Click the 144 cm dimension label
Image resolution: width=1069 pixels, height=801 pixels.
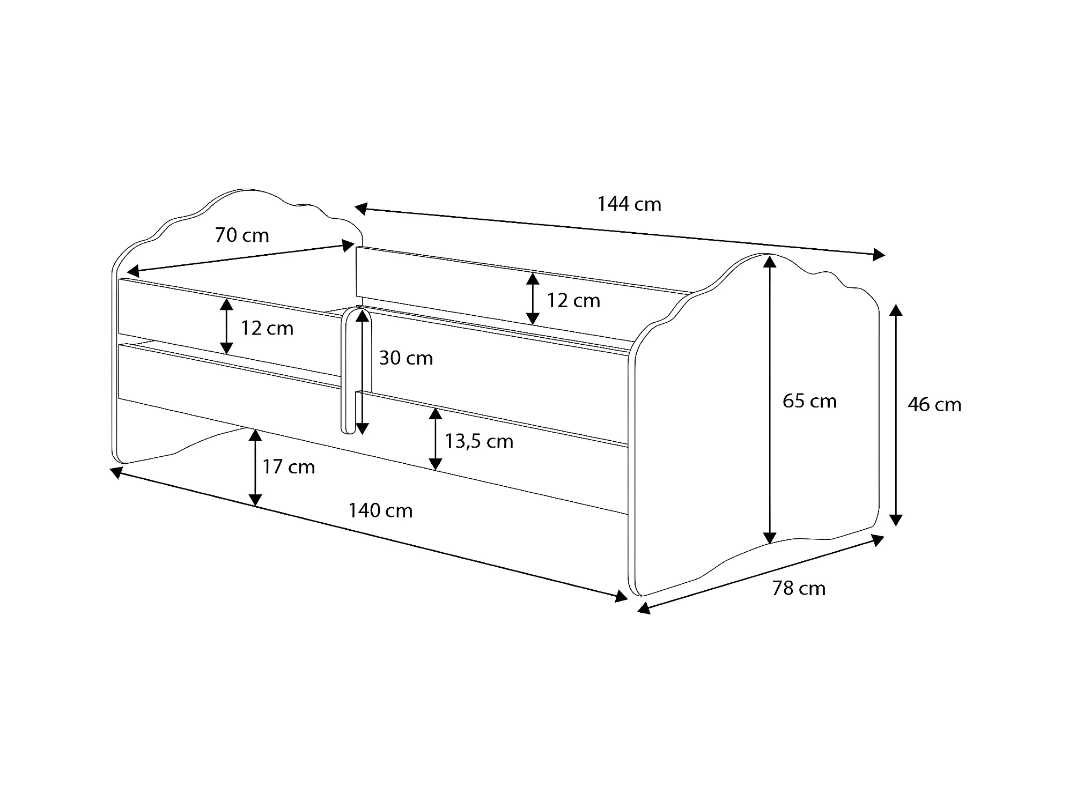point(629,204)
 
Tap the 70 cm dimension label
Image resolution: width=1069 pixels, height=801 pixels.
point(242,235)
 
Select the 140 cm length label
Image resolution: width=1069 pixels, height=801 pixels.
point(380,510)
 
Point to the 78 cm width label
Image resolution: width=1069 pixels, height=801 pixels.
point(799,588)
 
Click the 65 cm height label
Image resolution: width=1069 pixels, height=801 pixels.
point(809,401)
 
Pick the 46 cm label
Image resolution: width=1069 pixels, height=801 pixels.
point(934,404)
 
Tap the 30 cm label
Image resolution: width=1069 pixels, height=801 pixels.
point(406,358)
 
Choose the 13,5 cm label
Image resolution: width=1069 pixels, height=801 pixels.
point(479,441)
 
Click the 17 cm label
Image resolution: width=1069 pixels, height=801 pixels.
point(289,467)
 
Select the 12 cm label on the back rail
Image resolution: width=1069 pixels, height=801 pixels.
point(573,300)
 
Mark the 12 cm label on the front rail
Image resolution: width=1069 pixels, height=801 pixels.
point(267,328)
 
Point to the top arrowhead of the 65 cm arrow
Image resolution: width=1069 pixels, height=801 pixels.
point(770,262)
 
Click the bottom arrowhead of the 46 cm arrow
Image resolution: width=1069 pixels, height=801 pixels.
point(896,520)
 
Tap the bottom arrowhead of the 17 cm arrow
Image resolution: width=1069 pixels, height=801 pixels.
point(256,500)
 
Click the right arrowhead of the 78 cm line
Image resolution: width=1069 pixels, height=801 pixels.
point(877,539)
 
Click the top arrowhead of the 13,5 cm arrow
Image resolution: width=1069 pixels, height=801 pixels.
point(436,413)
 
